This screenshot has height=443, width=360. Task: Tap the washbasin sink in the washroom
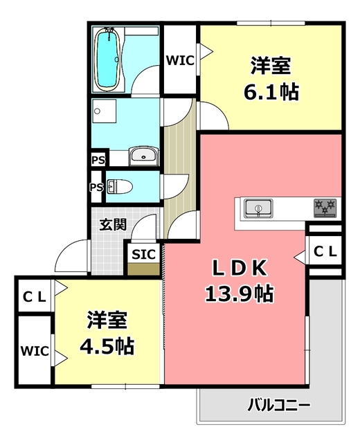(x=143, y=156)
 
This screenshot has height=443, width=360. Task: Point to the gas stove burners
(x=325, y=207)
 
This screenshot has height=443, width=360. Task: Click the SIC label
(x=143, y=253)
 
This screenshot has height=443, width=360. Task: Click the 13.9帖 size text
(x=239, y=294)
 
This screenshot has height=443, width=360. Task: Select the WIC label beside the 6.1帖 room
(x=180, y=60)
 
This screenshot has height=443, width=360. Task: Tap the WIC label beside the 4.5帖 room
(x=35, y=350)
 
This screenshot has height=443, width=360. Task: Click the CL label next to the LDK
(x=325, y=253)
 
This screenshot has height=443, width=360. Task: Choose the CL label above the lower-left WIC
(x=34, y=296)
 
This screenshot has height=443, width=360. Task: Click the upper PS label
(x=98, y=160)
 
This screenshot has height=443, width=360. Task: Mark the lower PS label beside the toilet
(x=96, y=187)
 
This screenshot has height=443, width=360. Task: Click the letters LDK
(x=239, y=268)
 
